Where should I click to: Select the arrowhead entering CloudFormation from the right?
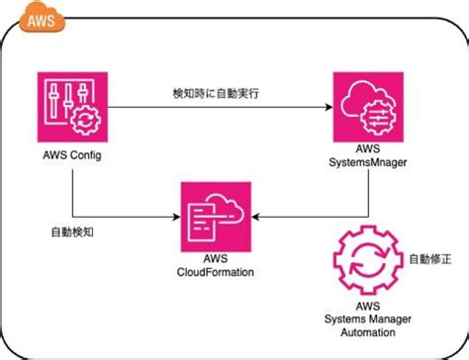point(254,214)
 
